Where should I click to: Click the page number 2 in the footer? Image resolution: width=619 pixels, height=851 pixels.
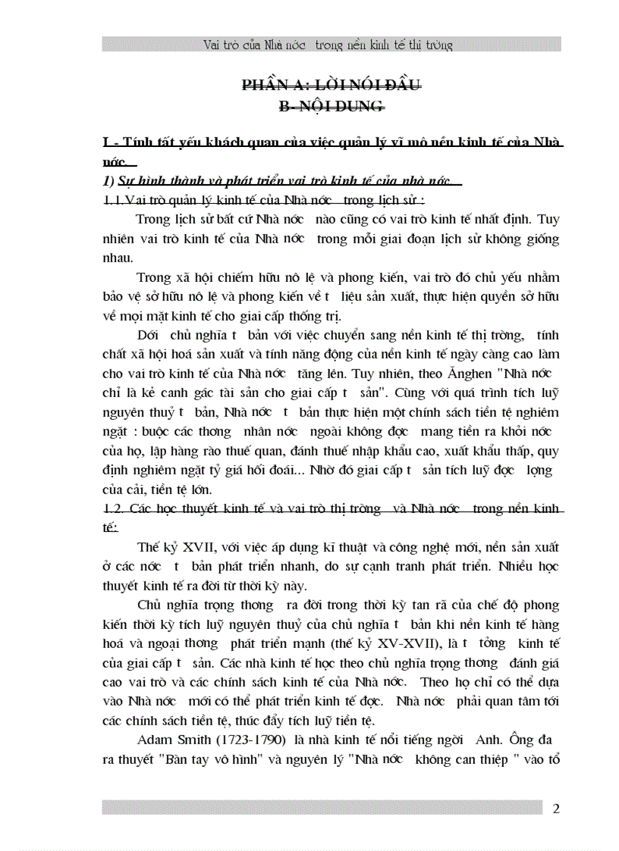[556, 809]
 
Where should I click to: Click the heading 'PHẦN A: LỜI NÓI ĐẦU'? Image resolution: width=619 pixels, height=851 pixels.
[331, 85]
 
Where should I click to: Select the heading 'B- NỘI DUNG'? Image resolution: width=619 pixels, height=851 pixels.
[331, 107]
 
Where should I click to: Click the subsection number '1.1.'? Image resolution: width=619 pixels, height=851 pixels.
[114, 201]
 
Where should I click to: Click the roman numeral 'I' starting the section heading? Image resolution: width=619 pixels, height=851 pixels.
[105, 144]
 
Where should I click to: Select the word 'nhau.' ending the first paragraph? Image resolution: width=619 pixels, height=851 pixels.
[117, 257]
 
